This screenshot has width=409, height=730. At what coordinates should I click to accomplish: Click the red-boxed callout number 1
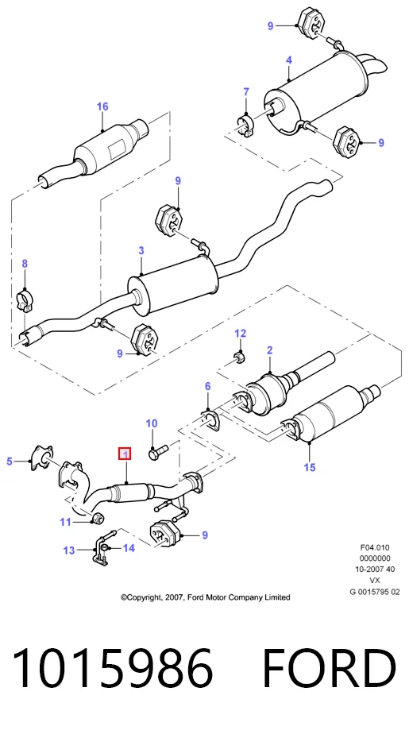click(125, 454)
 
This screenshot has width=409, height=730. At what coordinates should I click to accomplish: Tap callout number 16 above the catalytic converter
click(102, 106)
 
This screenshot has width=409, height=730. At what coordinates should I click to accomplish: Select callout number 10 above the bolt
click(152, 423)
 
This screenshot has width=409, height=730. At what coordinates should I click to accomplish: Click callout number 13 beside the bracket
click(69, 550)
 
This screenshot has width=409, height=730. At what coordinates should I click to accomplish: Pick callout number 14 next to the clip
click(129, 548)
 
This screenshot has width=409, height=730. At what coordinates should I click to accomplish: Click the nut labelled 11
click(98, 518)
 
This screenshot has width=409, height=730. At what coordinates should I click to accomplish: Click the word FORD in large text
click(329, 669)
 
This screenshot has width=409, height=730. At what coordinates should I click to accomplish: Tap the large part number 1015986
click(113, 669)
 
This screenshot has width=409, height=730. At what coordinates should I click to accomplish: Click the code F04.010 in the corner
click(375, 547)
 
